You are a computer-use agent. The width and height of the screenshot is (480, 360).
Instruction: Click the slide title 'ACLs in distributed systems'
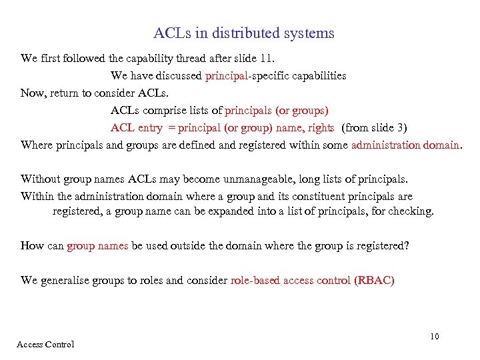point(243,33)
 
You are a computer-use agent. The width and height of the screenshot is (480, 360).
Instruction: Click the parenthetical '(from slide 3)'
point(374,127)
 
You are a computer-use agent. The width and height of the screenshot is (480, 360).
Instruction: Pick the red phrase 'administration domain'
point(405,145)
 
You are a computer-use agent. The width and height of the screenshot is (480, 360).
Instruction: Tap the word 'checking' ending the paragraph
point(412,211)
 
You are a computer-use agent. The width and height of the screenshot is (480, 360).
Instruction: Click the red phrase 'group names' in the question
point(97,246)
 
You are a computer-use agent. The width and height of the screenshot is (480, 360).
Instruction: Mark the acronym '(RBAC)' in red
point(375,281)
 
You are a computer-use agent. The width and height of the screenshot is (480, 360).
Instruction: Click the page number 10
point(435,337)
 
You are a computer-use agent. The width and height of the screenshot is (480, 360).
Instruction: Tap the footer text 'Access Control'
point(45,345)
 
